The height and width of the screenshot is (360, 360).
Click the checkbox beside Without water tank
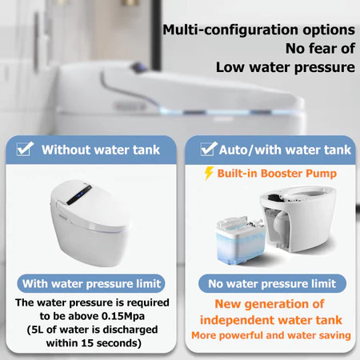pyautogui.click(x=25, y=149)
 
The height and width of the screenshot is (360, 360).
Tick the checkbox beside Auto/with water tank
pyautogui.click(x=209, y=149)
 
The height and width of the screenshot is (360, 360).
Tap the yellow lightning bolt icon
pyautogui.click(x=209, y=174)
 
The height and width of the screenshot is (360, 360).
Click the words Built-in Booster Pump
pyautogui.click(x=277, y=174)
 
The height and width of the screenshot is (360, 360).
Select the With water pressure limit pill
pyautogui.click(x=91, y=283)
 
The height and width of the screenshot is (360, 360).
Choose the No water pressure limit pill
pyautogui.click(x=272, y=283)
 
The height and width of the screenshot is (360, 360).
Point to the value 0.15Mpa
pyautogui.click(x=123, y=316)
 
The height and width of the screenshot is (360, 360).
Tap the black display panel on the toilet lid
pyautogui.click(x=79, y=195)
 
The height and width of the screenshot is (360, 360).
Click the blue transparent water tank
pyautogui.click(x=240, y=240)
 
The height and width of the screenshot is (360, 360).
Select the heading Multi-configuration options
pyautogui.click(x=258, y=30)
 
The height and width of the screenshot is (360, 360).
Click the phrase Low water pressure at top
pyautogui.click(x=286, y=67)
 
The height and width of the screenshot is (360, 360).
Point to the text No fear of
pyautogui.click(x=320, y=49)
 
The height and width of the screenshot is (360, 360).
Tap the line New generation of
pyautogui.click(x=270, y=304)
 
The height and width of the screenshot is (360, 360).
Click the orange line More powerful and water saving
pyautogui.click(x=271, y=335)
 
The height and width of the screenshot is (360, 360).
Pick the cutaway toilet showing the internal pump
pyautogui.click(x=298, y=219)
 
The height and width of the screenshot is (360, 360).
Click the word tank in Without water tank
pyautogui.click(x=146, y=150)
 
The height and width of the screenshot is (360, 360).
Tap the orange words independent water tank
pyautogui.click(x=271, y=320)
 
